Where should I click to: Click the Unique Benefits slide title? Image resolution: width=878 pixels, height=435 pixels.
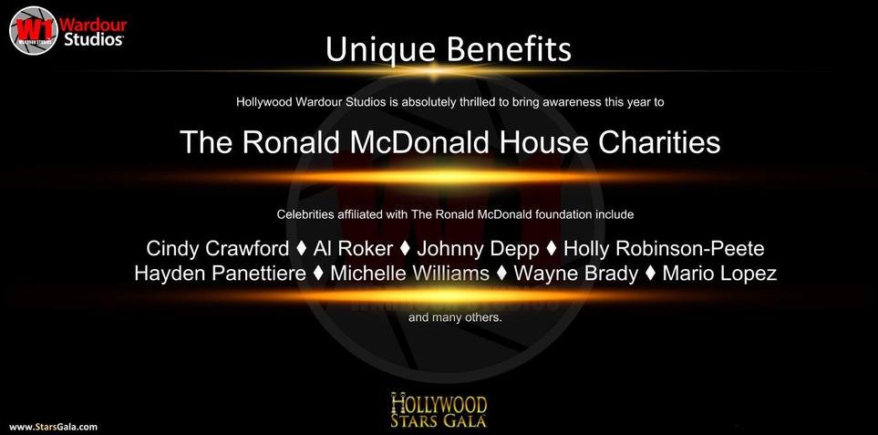click(448, 50)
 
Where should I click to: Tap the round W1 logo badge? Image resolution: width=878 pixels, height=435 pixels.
click(34, 30)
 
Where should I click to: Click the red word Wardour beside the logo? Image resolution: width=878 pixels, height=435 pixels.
click(93, 26)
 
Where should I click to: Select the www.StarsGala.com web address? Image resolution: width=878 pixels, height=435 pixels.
click(53, 427)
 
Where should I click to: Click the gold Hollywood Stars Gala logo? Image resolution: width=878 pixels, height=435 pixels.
click(439, 410)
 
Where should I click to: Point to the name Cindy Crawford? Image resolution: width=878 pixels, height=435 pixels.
click(218, 249)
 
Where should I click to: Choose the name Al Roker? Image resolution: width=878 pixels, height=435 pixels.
click(354, 249)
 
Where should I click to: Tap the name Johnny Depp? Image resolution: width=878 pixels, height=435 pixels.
click(478, 249)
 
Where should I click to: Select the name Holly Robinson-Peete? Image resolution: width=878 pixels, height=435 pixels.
click(664, 249)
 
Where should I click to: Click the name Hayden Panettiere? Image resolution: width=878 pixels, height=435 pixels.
click(220, 274)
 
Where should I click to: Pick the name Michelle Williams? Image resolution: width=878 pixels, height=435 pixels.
click(410, 274)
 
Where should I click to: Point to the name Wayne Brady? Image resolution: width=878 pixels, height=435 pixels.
click(575, 274)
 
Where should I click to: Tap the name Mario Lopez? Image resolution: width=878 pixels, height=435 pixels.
click(719, 274)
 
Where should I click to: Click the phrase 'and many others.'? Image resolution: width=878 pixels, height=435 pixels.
click(455, 318)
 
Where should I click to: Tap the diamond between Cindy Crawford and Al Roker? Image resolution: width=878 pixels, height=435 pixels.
click(301, 249)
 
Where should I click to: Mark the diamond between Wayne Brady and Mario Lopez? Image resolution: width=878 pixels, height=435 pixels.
click(650, 274)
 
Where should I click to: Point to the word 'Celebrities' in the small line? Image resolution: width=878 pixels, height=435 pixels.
click(302, 214)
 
